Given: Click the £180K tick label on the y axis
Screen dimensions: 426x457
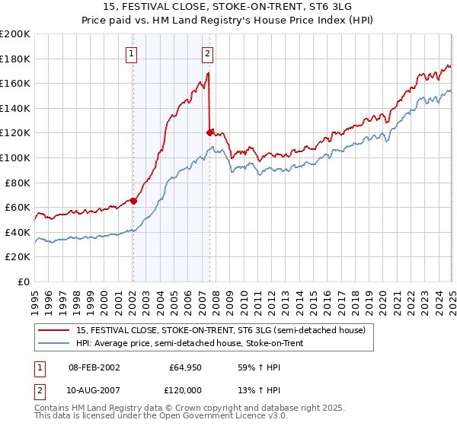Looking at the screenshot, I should tap(16, 59).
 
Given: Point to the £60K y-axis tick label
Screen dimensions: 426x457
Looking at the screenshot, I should tap(18, 207).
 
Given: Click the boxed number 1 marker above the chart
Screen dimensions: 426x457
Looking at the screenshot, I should tap(133, 53).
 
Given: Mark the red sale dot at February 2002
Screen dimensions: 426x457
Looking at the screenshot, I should tap(133, 202).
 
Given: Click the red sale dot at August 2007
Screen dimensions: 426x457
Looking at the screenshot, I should tap(209, 132).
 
